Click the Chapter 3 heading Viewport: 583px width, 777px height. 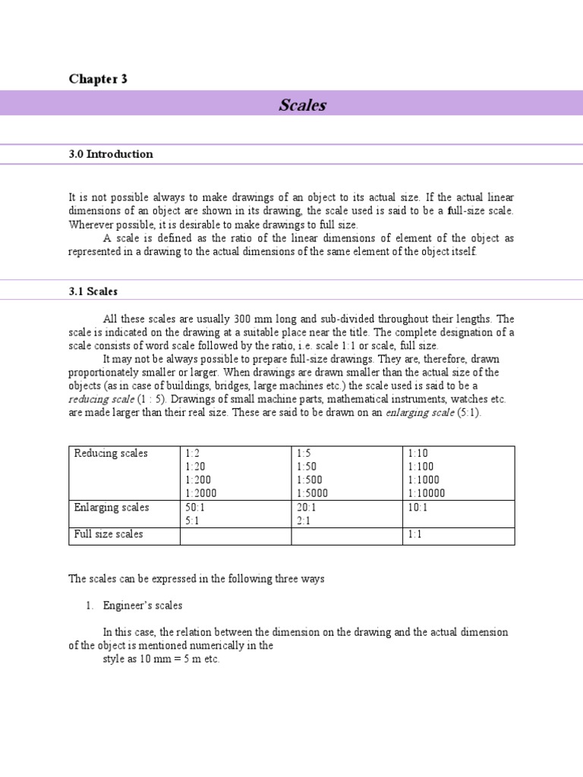pos(98,79)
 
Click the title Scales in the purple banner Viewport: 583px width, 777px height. pos(302,105)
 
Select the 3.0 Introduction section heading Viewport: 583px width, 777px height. pos(111,154)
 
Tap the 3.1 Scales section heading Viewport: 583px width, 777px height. pos(93,291)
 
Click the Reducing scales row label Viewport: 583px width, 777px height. pos(111,453)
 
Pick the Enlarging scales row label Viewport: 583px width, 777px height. pos(112,507)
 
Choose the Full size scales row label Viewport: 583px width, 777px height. pos(109,534)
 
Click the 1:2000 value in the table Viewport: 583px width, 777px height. pos(200,493)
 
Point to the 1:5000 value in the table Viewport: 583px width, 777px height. pos(312,493)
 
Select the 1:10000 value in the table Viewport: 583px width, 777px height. pos(427,493)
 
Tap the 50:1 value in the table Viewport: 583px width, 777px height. pos(196,507)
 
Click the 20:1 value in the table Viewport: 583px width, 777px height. pos(307,507)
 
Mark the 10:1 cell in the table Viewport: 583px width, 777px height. pos(418,507)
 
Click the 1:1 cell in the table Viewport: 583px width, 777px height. pos(415,535)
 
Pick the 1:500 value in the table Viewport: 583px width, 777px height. pos(309,480)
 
